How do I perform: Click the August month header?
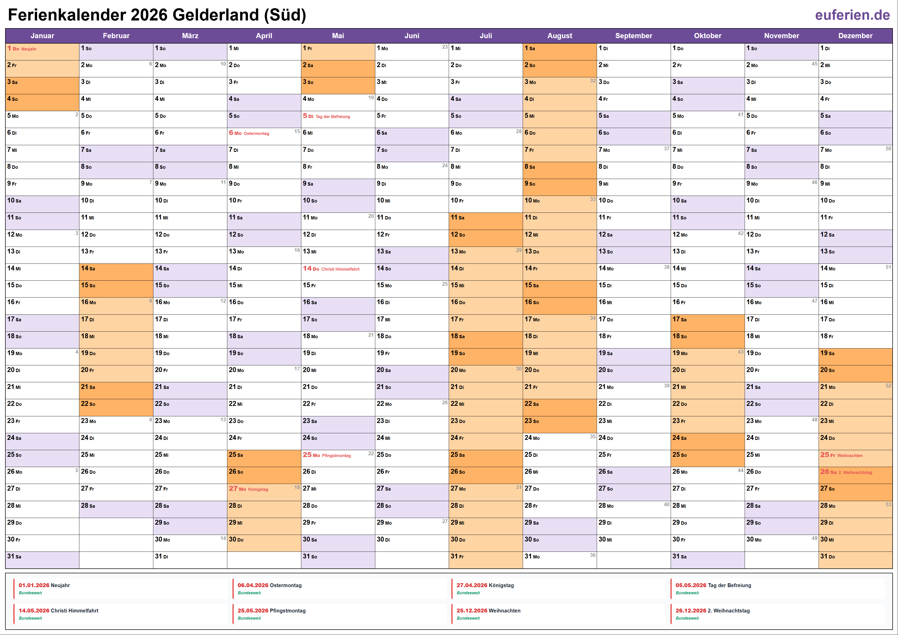pyautogui.click(x=559, y=36)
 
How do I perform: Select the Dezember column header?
pyautogui.click(x=855, y=36)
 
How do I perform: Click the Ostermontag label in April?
pyautogui.click(x=256, y=133)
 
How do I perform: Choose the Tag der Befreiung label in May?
pyautogui.click(x=333, y=117)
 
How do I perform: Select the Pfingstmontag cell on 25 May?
pyautogui.click(x=338, y=456)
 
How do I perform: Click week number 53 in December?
pyautogui.click(x=888, y=504)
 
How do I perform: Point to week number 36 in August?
pyautogui.click(x=593, y=555)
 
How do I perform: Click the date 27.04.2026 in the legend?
pyautogui.click(x=472, y=585)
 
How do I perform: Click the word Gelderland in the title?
pyautogui.click(x=216, y=15)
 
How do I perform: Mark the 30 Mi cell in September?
pyautogui.click(x=633, y=540)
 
